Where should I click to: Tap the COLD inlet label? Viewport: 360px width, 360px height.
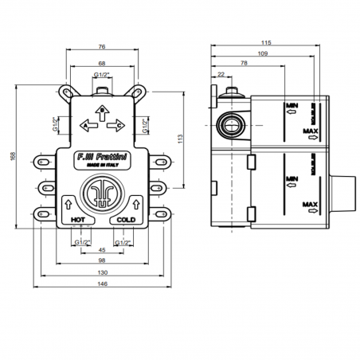click(126, 218)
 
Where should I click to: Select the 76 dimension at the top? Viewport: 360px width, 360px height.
click(103, 45)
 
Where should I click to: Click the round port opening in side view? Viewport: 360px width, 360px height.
click(230, 124)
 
